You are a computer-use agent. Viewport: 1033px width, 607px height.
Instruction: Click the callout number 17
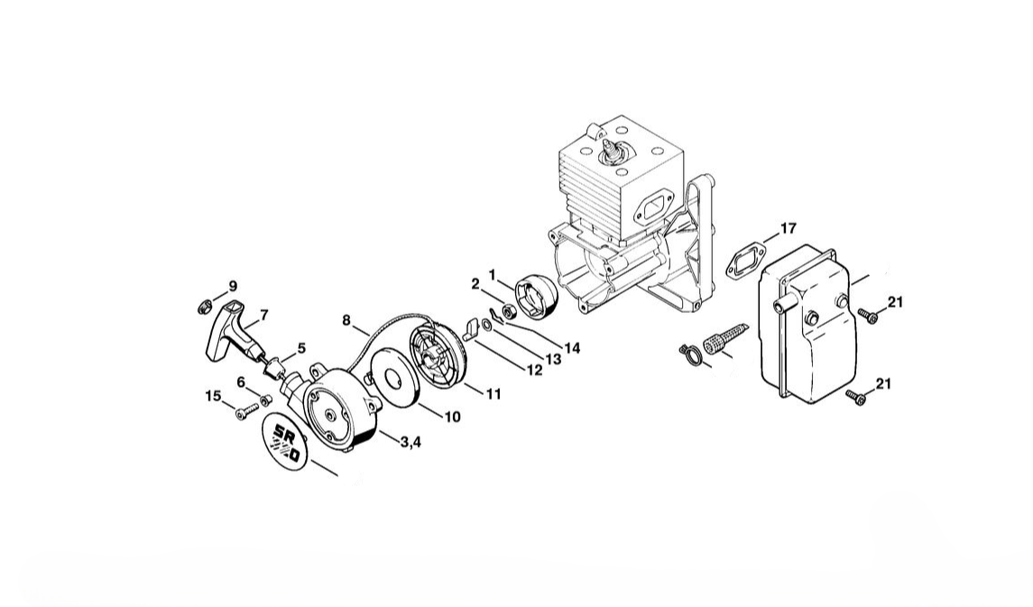(x=788, y=228)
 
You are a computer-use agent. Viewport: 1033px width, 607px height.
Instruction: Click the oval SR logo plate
(x=285, y=441)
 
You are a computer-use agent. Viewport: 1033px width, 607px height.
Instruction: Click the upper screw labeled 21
(x=867, y=316)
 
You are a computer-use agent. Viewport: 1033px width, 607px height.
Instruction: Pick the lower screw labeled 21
(x=856, y=396)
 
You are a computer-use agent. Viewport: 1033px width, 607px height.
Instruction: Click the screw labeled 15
(x=246, y=411)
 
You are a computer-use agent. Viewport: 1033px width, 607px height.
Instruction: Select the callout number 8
(x=346, y=320)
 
